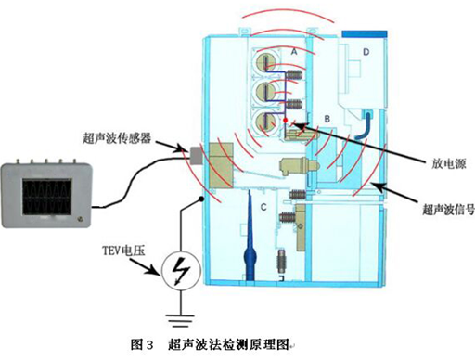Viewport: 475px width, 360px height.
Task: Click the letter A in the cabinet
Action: pos(293,54)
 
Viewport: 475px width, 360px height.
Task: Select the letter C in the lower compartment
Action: pos(263,203)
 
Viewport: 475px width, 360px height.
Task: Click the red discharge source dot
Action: pos(296,122)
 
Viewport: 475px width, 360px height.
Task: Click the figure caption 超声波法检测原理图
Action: pos(226,345)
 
